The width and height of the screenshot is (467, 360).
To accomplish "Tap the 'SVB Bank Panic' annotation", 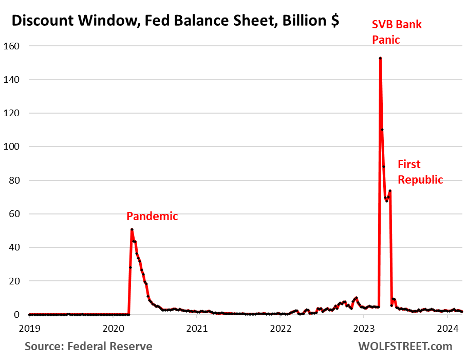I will click(x=397, y=31).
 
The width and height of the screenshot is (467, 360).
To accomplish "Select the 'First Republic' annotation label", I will click(x=420, y=172).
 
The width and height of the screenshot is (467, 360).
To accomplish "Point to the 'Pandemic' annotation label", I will click(x=152, y=216).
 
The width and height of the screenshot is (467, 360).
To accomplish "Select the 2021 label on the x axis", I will click(x=197, y=328).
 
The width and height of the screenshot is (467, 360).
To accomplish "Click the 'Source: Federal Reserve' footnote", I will click(x=88, y=346).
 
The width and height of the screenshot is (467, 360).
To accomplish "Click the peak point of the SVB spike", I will click(x=380, y=58).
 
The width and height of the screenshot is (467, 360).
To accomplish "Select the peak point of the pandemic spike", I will click(x=132, y=229).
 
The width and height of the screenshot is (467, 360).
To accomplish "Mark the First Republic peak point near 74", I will click(x=390, y=191).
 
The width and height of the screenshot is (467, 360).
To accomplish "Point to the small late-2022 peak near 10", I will click(x=356, y=298).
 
